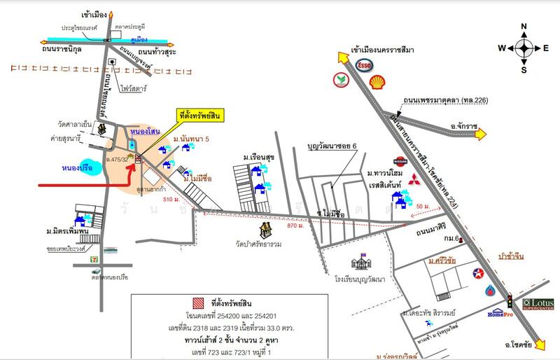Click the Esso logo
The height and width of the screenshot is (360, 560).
tap(364, 65)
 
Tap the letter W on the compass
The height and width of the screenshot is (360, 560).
tap(502, 48)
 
